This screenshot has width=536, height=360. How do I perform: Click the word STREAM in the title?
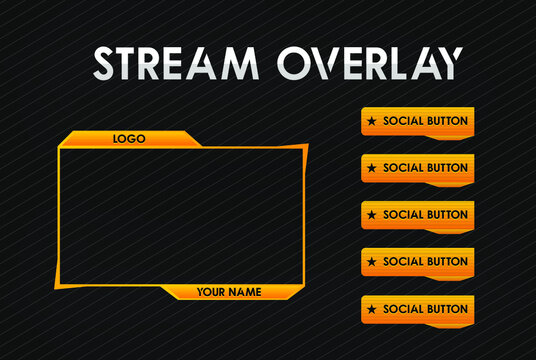tap(176, 63)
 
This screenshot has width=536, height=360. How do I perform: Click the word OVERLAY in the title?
tap(372, 63)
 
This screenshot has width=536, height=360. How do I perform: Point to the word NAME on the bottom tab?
tap(246, 292)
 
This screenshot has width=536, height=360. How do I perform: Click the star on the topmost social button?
tap(372, 121)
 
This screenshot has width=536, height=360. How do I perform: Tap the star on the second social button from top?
tap(372, 168)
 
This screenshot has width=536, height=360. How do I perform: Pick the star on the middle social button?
tap(372, 215)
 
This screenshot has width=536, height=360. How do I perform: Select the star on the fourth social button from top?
tap(372, 262)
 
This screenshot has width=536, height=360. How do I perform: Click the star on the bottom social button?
tap(372, 309)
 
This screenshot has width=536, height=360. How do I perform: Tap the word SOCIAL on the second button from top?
tap(403, 168)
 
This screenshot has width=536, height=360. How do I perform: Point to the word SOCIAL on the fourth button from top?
tap(403, 262)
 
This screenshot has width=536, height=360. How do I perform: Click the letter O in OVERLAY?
tap(297, 63)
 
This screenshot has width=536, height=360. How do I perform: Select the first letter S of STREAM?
tap(106, 63)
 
